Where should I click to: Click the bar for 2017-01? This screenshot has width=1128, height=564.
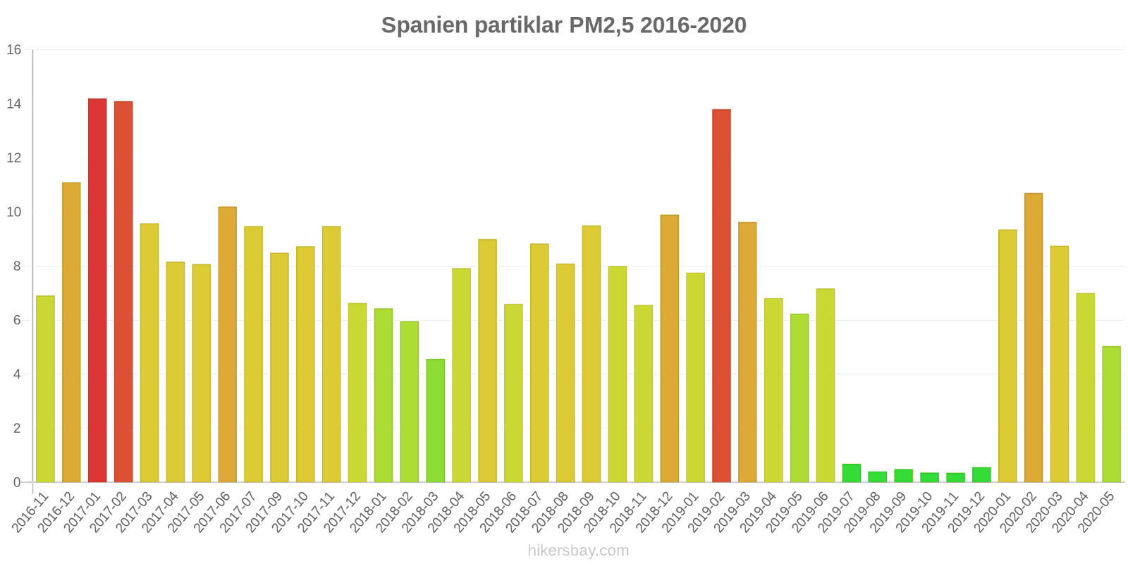(x=97, y=290)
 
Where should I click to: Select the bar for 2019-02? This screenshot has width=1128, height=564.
(x=721, y=296)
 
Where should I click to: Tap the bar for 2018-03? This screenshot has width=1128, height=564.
(x=435, y=421)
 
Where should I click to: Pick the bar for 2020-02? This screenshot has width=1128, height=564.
(x=1034, y=338)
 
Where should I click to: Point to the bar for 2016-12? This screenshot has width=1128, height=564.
(x=71, y=333)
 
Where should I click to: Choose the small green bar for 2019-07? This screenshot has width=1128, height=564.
(x=852, y=473)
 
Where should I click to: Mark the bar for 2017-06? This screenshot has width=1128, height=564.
(x=227, y=345)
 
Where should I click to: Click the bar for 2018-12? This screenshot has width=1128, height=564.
(x=669, y=349)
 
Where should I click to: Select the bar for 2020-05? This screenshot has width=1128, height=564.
(x=1111, y=415)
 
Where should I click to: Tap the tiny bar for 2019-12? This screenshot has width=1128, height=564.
(x=981, y=475)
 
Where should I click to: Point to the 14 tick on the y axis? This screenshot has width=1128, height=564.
(x=14, y=104)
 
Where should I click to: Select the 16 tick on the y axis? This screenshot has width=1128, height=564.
(x=14, y=50)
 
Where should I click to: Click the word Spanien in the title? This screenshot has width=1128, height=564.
(x=424, y=25)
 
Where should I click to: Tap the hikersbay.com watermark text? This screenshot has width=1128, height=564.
(x=578, y=551)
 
